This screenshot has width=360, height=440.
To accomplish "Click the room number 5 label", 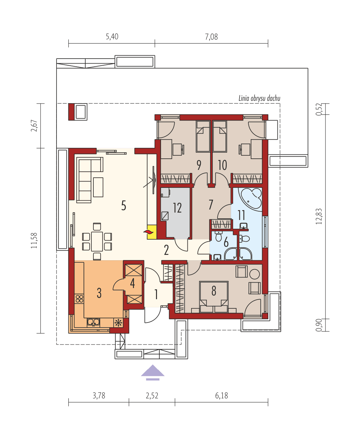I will tap(123, 205).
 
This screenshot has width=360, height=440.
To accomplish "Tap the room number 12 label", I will tap(177, 208).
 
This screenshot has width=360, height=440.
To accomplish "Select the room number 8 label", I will tap(213, 291).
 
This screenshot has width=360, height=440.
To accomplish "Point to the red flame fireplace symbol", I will tap(148, 232).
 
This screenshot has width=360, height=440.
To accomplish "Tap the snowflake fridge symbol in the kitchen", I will tap(118, 323).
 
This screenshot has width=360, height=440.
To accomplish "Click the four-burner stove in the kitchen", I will tap(80, 299).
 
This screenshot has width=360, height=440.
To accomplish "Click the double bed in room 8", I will tap(213, 297).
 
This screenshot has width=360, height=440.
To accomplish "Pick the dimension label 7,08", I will tap(211, 37).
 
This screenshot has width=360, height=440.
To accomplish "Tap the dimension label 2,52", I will tap(152, 395).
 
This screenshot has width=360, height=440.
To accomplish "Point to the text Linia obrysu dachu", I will tap(259, 99).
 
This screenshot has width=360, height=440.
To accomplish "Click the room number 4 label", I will tap(132, 284).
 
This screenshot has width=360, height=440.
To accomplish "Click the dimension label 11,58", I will tap(34, 241).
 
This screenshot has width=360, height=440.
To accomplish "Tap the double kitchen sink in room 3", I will tap(93, 322).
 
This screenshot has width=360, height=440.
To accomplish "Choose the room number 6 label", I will tap(226, 242).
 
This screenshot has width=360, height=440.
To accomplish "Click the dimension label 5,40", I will tap(112, 37).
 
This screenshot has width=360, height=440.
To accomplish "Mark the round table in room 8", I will tap(255, 274).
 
